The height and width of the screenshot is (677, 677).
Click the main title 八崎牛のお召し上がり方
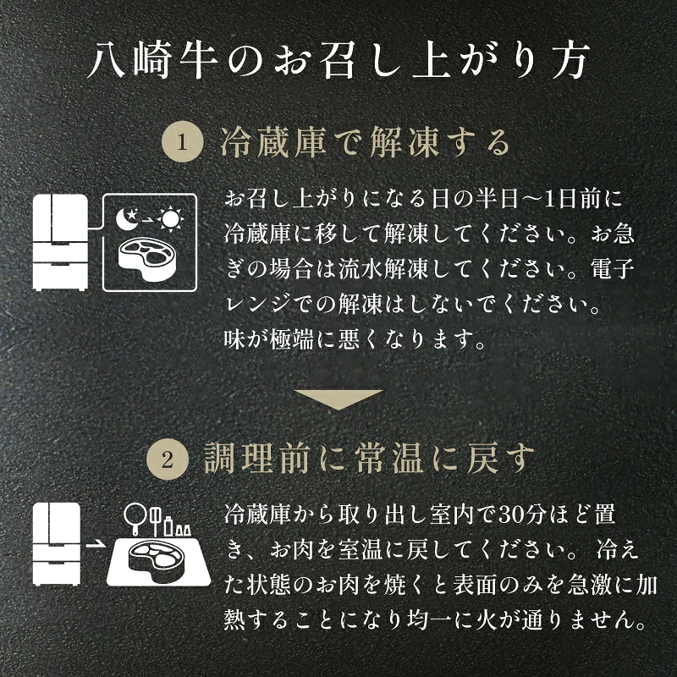coord(338,60)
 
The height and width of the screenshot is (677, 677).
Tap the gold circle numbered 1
coord(182,141)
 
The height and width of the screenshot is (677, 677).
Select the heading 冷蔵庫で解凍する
coord(366,142)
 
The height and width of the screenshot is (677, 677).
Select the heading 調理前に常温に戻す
coord(369,459)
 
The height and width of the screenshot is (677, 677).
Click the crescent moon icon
coord(127,219)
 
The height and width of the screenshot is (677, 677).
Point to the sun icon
coord(171,219)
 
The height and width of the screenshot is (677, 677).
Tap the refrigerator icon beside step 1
coord(60,242)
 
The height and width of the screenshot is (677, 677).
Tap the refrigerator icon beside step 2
coord(57,543)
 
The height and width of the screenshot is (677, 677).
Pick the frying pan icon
coord(135,519)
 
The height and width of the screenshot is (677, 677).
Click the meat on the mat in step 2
coord(158,558)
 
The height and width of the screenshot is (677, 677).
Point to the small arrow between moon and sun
coord(147,220)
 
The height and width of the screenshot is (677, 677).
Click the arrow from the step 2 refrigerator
coord(94,544)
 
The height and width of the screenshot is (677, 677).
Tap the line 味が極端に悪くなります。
coord(354,340)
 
